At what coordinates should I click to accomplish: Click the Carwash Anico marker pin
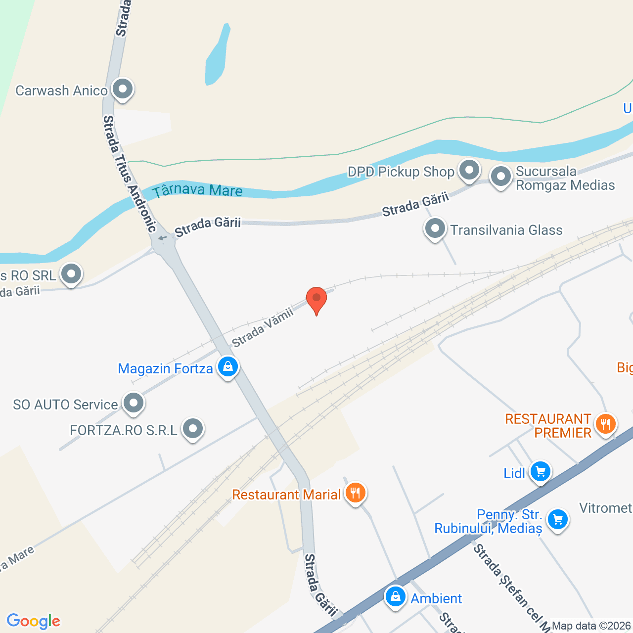[x=122, y=90]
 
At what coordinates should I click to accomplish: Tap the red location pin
[x=316, y=299]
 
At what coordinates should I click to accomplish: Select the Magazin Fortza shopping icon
[x=227, y=367]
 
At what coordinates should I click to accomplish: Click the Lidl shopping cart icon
[x=540, y=472]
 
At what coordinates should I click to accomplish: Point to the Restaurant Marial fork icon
[x=355, y=493]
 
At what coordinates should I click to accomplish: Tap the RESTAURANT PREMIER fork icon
[x=605, y=424]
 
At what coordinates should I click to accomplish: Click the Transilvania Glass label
[x=506, y=230]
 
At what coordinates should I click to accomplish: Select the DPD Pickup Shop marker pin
[x=469, y=170]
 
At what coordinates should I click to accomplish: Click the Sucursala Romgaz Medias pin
[x=500, y=177]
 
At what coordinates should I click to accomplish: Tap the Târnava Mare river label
[x=198, y=190]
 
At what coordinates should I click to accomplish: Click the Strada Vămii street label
[x=263, y=327]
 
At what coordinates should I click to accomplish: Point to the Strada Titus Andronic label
[x=130, y=173]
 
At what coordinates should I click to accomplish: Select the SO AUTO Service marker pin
[x=133, y=404]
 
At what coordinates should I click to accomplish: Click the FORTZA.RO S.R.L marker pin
[x=192, y=429]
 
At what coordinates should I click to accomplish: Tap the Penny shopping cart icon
[x=558, y=520]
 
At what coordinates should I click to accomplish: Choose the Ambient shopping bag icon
[x=395, y=597]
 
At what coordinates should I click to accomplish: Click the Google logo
[x=34, y=621]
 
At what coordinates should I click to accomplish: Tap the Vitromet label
[x=605, y=508]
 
